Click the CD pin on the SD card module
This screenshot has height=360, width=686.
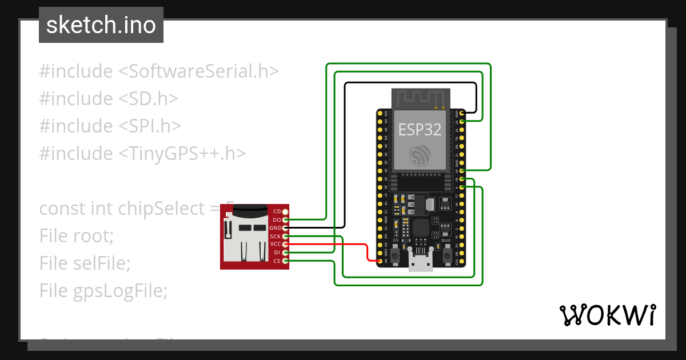pyautogui.click(x=285, y=211)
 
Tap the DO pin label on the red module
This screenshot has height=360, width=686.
pyautogui.click(x=277, y=220)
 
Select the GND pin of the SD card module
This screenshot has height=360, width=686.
pyautogui.click(x=285, y=227)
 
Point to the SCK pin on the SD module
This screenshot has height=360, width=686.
pyautogui.click(x=285, y=236)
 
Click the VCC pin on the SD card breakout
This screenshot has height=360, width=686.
pyautogui.click(x=285, y=244)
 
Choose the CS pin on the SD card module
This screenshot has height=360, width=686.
pyautogui.click(x=285, y=261)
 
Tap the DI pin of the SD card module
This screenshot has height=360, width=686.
pyautogui.click(x=285, y=252)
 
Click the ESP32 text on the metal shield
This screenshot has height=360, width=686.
pyautogui.click(x=420, y=130)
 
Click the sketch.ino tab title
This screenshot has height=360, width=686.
pyautogui.click(x=101, y=25)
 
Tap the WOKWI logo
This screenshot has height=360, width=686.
pyautogui.click(x=607, y=315)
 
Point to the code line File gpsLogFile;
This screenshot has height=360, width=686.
pyautogui.click(x=103, y=291)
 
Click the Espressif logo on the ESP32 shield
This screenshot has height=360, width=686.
pyautogui.click(x=420, y=155)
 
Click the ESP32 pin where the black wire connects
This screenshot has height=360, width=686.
pyautogui.click(x=462, y=113)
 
